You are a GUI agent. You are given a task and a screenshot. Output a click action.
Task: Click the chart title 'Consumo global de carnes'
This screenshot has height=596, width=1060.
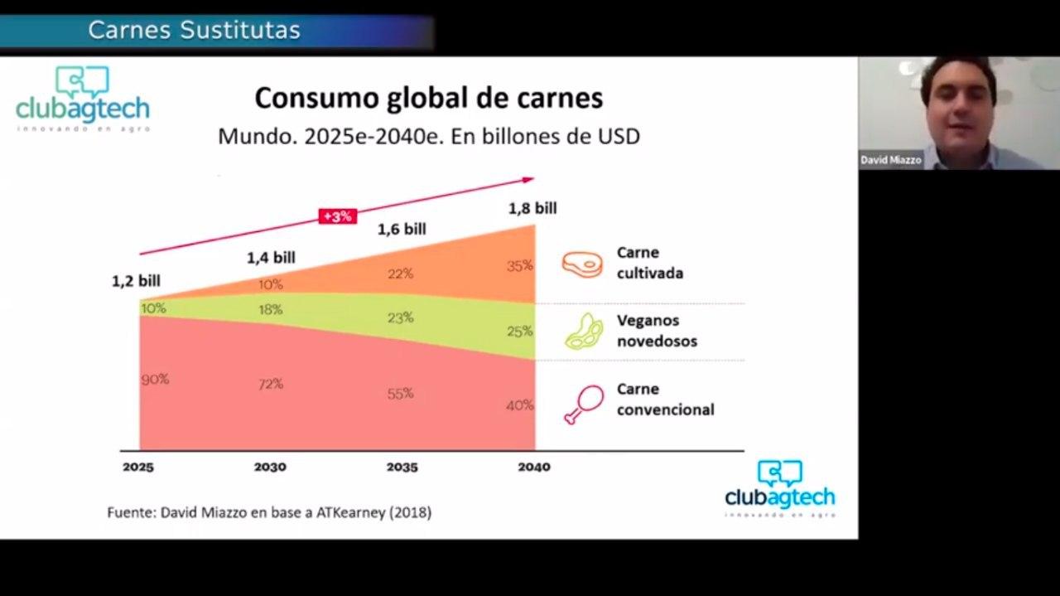point(428,98)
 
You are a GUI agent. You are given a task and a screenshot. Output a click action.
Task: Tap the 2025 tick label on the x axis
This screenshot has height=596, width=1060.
point(138,468)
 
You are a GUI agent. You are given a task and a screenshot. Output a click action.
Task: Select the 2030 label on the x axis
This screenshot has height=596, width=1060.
point(270,468)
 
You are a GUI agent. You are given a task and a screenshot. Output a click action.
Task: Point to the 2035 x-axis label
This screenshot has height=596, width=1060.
point(402,468)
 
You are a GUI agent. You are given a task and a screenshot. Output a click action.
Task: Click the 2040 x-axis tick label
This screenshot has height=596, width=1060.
point(534,468)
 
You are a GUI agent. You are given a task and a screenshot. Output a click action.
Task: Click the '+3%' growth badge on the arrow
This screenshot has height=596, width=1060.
point(337,216)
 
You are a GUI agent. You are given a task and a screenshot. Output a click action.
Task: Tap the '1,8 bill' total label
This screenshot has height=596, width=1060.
point(532,208)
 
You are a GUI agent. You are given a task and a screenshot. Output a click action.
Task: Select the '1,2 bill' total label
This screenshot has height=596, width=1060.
point(136,281)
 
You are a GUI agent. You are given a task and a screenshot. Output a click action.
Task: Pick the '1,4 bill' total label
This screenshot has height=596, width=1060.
point(271,258)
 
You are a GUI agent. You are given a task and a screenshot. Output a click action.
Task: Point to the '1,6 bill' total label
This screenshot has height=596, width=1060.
point(402,229)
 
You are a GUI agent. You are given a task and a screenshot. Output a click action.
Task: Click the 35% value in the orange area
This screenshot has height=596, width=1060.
point(520,266)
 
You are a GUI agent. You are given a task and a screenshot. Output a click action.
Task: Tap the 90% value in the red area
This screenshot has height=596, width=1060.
point(155,379)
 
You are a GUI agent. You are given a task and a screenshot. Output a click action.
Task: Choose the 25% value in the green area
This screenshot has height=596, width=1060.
point(520,332)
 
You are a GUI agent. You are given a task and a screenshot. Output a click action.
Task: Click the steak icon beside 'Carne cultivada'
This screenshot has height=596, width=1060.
point(582,264)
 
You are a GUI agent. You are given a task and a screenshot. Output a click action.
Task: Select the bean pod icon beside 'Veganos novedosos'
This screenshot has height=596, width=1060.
point(584,332)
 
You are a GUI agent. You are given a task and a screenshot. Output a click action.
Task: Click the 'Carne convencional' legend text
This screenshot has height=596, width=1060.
point(665,400)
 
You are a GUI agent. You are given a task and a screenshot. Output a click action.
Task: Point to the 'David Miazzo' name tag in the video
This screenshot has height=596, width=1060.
point(891,160)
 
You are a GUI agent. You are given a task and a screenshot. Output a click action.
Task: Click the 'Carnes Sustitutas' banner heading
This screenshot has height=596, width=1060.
point(194,31)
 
